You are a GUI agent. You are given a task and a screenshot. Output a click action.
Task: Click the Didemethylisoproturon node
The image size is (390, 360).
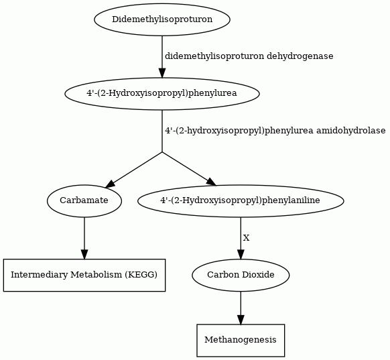tap(162, 19)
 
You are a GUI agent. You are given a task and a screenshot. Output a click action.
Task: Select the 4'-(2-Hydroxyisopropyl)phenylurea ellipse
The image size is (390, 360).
tap(162, 94)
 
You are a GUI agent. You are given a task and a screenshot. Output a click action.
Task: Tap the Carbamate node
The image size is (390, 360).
tap(84, 200)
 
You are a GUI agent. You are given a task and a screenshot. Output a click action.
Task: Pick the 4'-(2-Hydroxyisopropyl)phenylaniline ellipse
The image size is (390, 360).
tap(241, 200)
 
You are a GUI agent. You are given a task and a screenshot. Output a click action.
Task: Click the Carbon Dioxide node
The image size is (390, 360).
tap(241, 275)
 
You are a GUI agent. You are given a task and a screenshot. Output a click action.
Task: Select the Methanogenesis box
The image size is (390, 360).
tap(241, 340)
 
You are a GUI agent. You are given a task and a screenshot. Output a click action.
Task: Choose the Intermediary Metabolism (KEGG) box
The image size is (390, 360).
tap(84, 275)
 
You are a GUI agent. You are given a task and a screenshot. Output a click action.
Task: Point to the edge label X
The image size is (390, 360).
tap(246, 238)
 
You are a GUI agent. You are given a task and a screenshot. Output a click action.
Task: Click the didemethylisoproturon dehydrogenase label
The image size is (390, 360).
tap(249, 56)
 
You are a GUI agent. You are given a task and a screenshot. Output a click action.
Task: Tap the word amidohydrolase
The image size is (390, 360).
tap(351, 130)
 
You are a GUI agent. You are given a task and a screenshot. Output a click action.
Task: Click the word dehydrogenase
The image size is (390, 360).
tap(300, 56)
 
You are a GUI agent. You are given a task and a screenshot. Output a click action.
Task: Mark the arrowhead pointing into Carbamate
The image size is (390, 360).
tap(109, 184)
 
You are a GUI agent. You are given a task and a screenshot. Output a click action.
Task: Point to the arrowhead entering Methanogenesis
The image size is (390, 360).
tap(241, 320)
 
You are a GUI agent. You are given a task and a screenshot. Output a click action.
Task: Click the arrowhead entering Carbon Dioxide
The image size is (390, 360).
tap(241, 254)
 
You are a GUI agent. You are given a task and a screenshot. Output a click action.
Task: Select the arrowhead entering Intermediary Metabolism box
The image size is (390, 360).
tap(84, 254)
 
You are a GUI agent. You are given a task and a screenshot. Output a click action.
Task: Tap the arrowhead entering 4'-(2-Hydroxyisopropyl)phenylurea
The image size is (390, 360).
tap(162, 73)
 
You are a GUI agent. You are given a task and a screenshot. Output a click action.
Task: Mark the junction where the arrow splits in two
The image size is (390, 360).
tap(162, 152)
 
